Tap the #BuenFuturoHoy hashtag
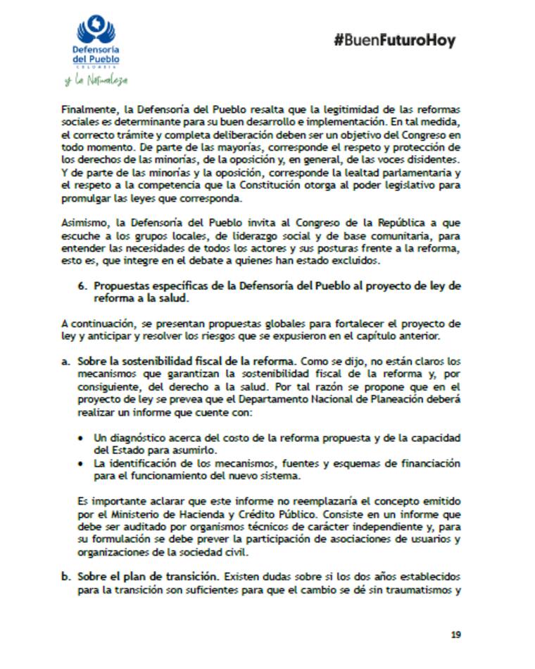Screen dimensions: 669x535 pos(394,40)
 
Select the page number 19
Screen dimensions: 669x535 pos(455,634)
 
